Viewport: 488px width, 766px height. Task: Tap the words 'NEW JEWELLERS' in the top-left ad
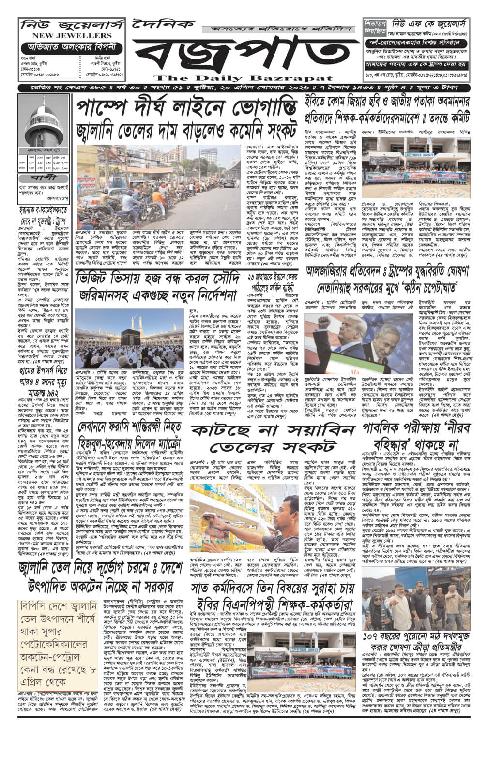point(65,36)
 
